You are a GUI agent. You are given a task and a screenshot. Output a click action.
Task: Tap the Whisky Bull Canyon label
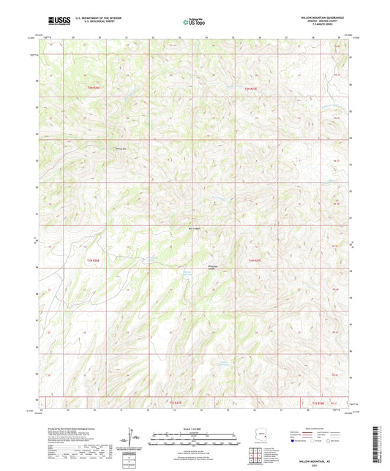pos(214,266)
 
